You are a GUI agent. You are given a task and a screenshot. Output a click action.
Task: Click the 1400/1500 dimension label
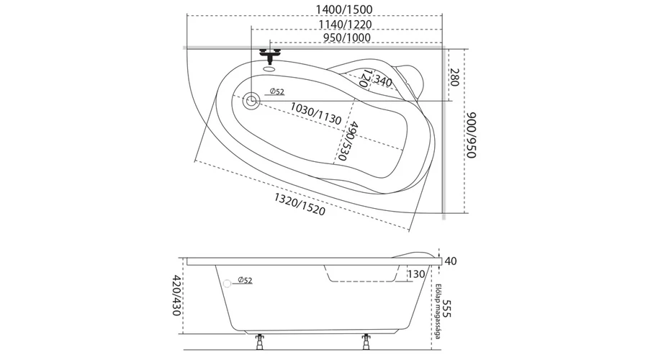[344, 9]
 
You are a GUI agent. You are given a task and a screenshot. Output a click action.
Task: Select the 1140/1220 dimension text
[345, 24]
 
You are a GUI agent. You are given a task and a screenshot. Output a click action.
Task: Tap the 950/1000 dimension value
[347, 37]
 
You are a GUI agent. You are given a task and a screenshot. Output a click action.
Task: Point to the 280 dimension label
[454, 77]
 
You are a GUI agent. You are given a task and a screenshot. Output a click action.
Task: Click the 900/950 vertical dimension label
[471, 135]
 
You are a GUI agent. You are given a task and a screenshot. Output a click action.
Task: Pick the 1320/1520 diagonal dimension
[300, 204]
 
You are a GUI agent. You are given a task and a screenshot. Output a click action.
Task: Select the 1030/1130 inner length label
[316, 113]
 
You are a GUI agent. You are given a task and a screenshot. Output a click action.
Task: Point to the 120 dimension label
[364, 78]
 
